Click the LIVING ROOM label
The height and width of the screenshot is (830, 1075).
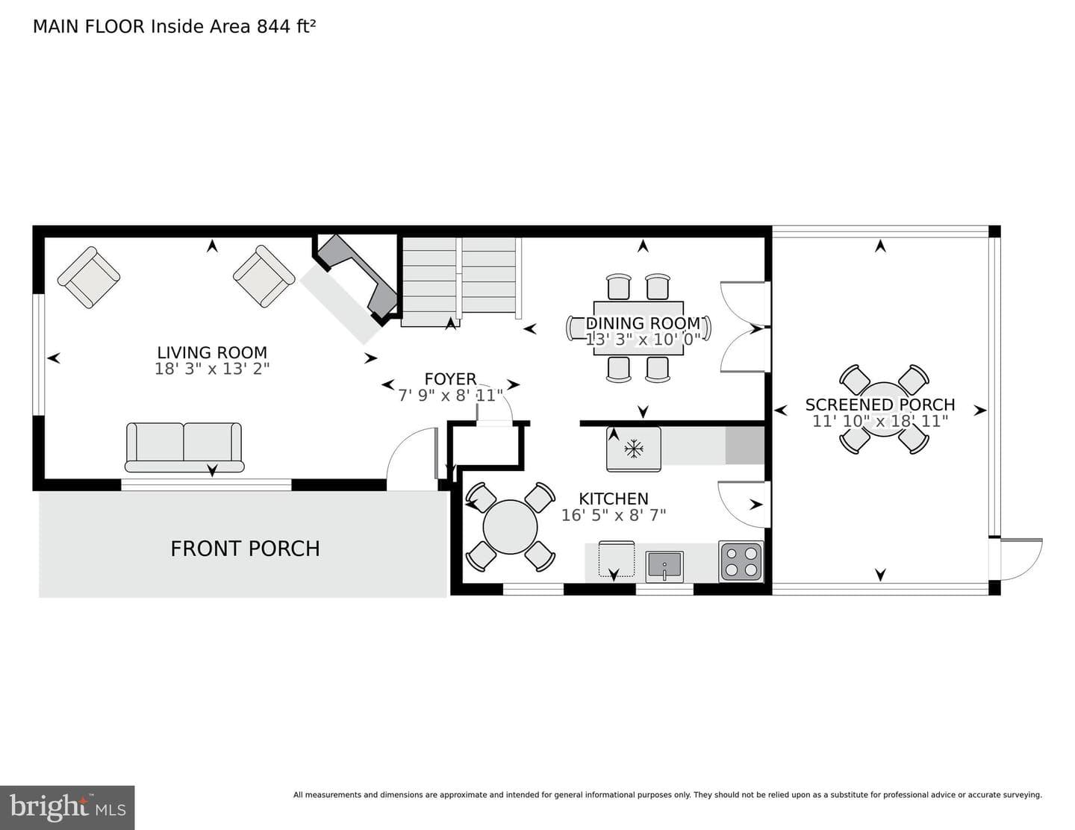(212, 353)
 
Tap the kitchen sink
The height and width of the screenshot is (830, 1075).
(664, 567)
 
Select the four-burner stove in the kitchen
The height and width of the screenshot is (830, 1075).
(741, 561)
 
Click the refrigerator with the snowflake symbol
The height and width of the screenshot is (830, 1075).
(633, 449)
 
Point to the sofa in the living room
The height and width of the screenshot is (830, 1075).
(184, 447)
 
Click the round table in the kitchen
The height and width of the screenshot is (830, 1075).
(510, 526)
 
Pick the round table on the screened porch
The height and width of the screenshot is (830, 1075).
(884, 409)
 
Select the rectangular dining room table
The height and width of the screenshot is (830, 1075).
(638, 328)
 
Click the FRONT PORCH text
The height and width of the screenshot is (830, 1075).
(245, 549)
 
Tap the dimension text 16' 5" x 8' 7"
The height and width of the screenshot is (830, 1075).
(614, 516)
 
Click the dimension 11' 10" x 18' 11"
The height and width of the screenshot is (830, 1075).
(880, 421)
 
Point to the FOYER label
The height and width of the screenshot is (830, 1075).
(450, 379)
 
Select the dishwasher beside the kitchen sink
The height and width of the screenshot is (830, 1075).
(617, 559)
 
